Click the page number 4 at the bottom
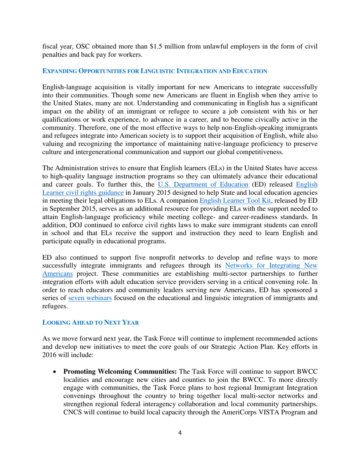[180, 444]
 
